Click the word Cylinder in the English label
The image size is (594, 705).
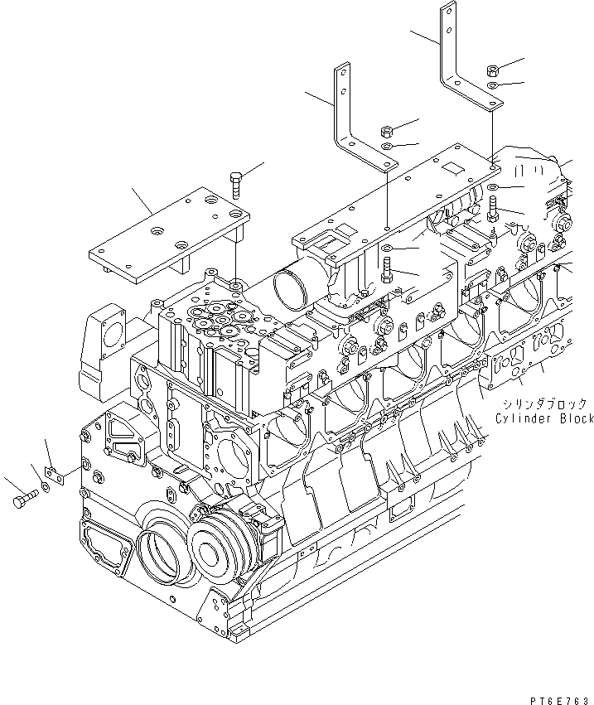point(523,419)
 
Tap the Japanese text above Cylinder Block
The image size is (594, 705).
point(543,404)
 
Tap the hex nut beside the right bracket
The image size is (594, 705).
point(492,70)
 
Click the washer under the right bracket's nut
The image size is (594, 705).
point(492,85)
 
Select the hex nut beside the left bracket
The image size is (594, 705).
point(386,131)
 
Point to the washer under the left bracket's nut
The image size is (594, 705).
point(387,147)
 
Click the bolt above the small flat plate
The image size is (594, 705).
point(235,183)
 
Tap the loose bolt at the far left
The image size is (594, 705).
point(24,500)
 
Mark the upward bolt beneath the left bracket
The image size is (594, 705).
point(386,269)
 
